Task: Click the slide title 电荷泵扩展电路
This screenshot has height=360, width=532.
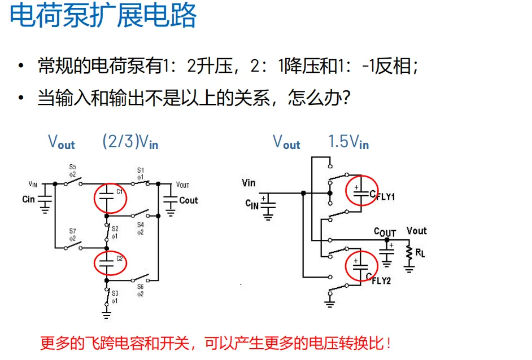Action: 103,16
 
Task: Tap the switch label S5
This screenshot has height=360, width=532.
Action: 72,167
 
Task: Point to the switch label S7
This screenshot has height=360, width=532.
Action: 72,231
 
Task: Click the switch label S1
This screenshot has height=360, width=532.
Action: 141,170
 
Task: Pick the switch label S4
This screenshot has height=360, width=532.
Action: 141,225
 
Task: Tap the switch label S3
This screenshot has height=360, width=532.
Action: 115,293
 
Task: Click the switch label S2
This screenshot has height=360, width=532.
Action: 115,229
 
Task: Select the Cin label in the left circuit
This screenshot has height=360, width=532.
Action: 28,199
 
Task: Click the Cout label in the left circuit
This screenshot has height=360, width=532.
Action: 189,200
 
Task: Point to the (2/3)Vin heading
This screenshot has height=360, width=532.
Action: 130,142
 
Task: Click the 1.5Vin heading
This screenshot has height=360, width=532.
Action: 348,142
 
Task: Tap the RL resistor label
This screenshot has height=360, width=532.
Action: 420,253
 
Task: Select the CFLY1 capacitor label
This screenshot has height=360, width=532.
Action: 383,196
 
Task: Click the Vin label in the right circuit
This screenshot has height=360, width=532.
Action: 248,182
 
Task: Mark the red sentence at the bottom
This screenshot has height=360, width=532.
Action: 215,342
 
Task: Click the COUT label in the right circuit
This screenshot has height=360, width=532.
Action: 385,232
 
